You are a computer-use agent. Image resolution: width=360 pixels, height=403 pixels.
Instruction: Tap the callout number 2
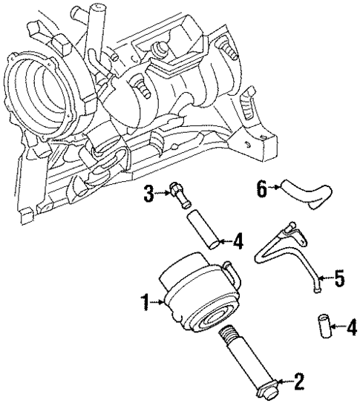coord(299,383)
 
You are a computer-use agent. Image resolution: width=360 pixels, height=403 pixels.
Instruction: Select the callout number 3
coord(148,195)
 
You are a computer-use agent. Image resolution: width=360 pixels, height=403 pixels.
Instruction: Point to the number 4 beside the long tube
coord(238,240)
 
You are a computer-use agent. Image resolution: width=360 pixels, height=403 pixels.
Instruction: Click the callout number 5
coord(338,279)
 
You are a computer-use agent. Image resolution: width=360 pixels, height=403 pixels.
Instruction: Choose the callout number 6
coord(261,189)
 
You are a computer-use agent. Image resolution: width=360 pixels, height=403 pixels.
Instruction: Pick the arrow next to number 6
coord(274,189)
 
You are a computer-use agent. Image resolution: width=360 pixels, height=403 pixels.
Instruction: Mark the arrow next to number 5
coord(326,279)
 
